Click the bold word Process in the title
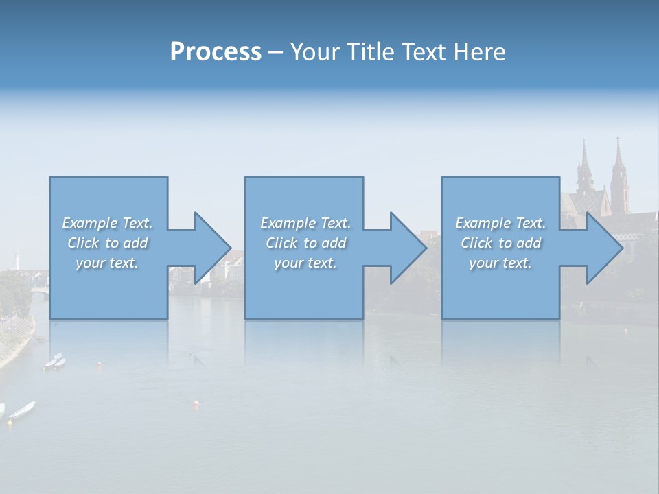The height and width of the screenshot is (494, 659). [x=216, y=52]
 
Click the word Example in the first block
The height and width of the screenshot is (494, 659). [x=90, y=223]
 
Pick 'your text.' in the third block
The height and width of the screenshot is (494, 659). [x=500, y=263]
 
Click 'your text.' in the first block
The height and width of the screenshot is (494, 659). [x=107, y=263]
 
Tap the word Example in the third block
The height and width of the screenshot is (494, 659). [x=483, y=223]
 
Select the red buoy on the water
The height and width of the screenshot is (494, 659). [x=197, y=405]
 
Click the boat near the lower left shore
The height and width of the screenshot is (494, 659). [x=22, y=410]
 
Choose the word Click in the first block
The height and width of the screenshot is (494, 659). [x=82, y=243]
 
